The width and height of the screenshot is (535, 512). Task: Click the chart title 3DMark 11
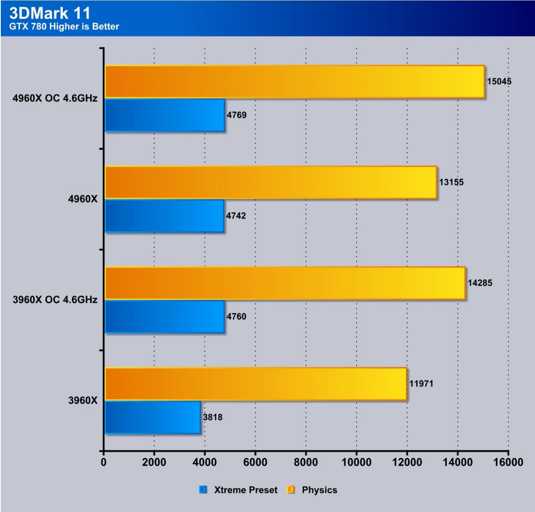(x=50, y=13)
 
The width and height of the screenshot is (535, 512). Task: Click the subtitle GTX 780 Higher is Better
(x=64, y=26)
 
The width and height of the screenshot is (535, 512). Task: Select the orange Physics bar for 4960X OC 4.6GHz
(x=295, y=82)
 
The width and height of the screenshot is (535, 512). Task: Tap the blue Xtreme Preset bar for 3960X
(x=153, y=417)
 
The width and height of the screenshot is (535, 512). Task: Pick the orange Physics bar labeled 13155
(x=271, y=183)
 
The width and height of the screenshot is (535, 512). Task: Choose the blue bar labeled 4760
(x=165, y=317)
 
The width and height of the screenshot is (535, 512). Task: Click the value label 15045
(x=499, y=82)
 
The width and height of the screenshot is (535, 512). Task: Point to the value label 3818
(x=213, y=417)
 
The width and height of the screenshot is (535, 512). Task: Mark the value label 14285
(x=480, y=283)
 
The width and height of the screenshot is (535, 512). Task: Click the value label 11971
(x=421, y=384)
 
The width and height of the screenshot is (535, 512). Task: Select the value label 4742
(x=236, y=216)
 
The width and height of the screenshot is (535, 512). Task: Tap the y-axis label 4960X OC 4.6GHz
(x=55, y=98)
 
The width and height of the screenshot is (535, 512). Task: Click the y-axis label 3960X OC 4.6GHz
(x=55, y=300)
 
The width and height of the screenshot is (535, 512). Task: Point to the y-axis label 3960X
(x=83, y=401)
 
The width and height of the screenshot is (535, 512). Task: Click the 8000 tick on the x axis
(x=306, y=462)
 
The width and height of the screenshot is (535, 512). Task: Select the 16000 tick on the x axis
(x=508, y=462)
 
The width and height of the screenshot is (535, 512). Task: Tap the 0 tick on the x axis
(x=104, y=462)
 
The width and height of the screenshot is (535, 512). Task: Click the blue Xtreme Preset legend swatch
(x=204, y=490)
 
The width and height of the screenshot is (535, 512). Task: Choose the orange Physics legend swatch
(x=291, y=490)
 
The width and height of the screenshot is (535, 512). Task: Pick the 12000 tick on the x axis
(x=407, y=462)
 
